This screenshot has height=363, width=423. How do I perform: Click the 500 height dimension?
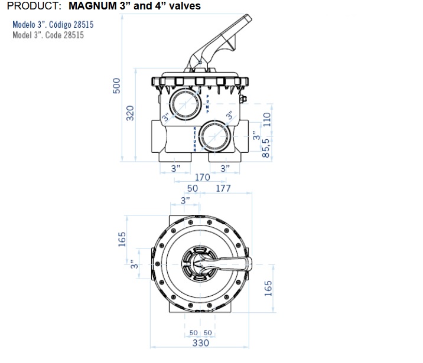click(x=116, y=86)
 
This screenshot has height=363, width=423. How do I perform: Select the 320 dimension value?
click(x=130, y=113)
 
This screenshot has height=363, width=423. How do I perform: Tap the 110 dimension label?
click(x=266, y=119)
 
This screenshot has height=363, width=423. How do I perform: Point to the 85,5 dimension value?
click(x=266, y=148)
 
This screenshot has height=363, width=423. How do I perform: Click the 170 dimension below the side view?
click(x=202, y=177)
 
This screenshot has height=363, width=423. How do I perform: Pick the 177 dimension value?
click(x=223, y=188)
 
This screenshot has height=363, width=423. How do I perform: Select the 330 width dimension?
click(x=200, y=343)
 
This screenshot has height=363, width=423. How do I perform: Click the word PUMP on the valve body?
click(x=207, y=104)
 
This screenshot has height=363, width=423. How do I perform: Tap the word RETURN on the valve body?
click(x=194, y=139)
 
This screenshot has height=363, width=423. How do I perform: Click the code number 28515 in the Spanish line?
click(x=84, y=25)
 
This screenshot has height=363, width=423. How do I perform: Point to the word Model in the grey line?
click(x=22, y=35)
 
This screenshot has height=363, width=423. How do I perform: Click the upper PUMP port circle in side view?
click(x=186, y=104)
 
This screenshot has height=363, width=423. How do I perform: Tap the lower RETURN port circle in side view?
click(x=215, y=136)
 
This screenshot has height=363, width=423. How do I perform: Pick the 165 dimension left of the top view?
click(x=122, y=239)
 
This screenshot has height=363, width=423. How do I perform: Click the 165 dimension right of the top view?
click(x=268, y=288)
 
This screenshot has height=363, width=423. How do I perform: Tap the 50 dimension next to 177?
click(x=193, y=188)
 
